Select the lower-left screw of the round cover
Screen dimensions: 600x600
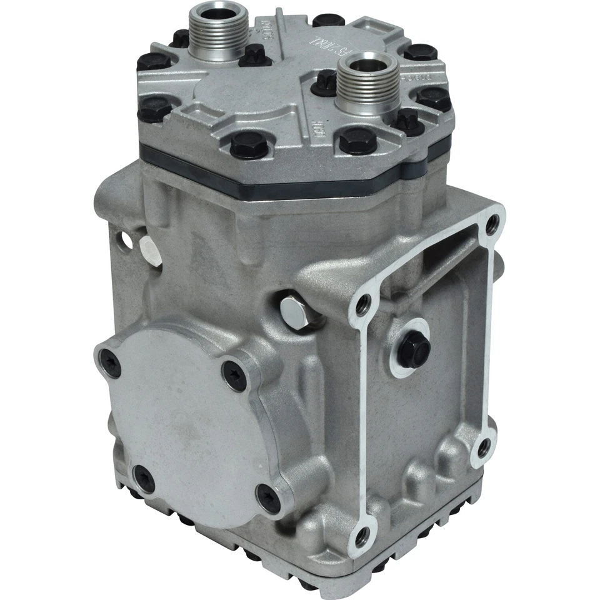[x=144, y=480]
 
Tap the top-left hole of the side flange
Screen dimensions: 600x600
[x=362, y=305]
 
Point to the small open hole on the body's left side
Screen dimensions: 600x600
[x=127, y=240]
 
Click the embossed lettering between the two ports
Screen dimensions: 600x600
[x=289, y=45]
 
